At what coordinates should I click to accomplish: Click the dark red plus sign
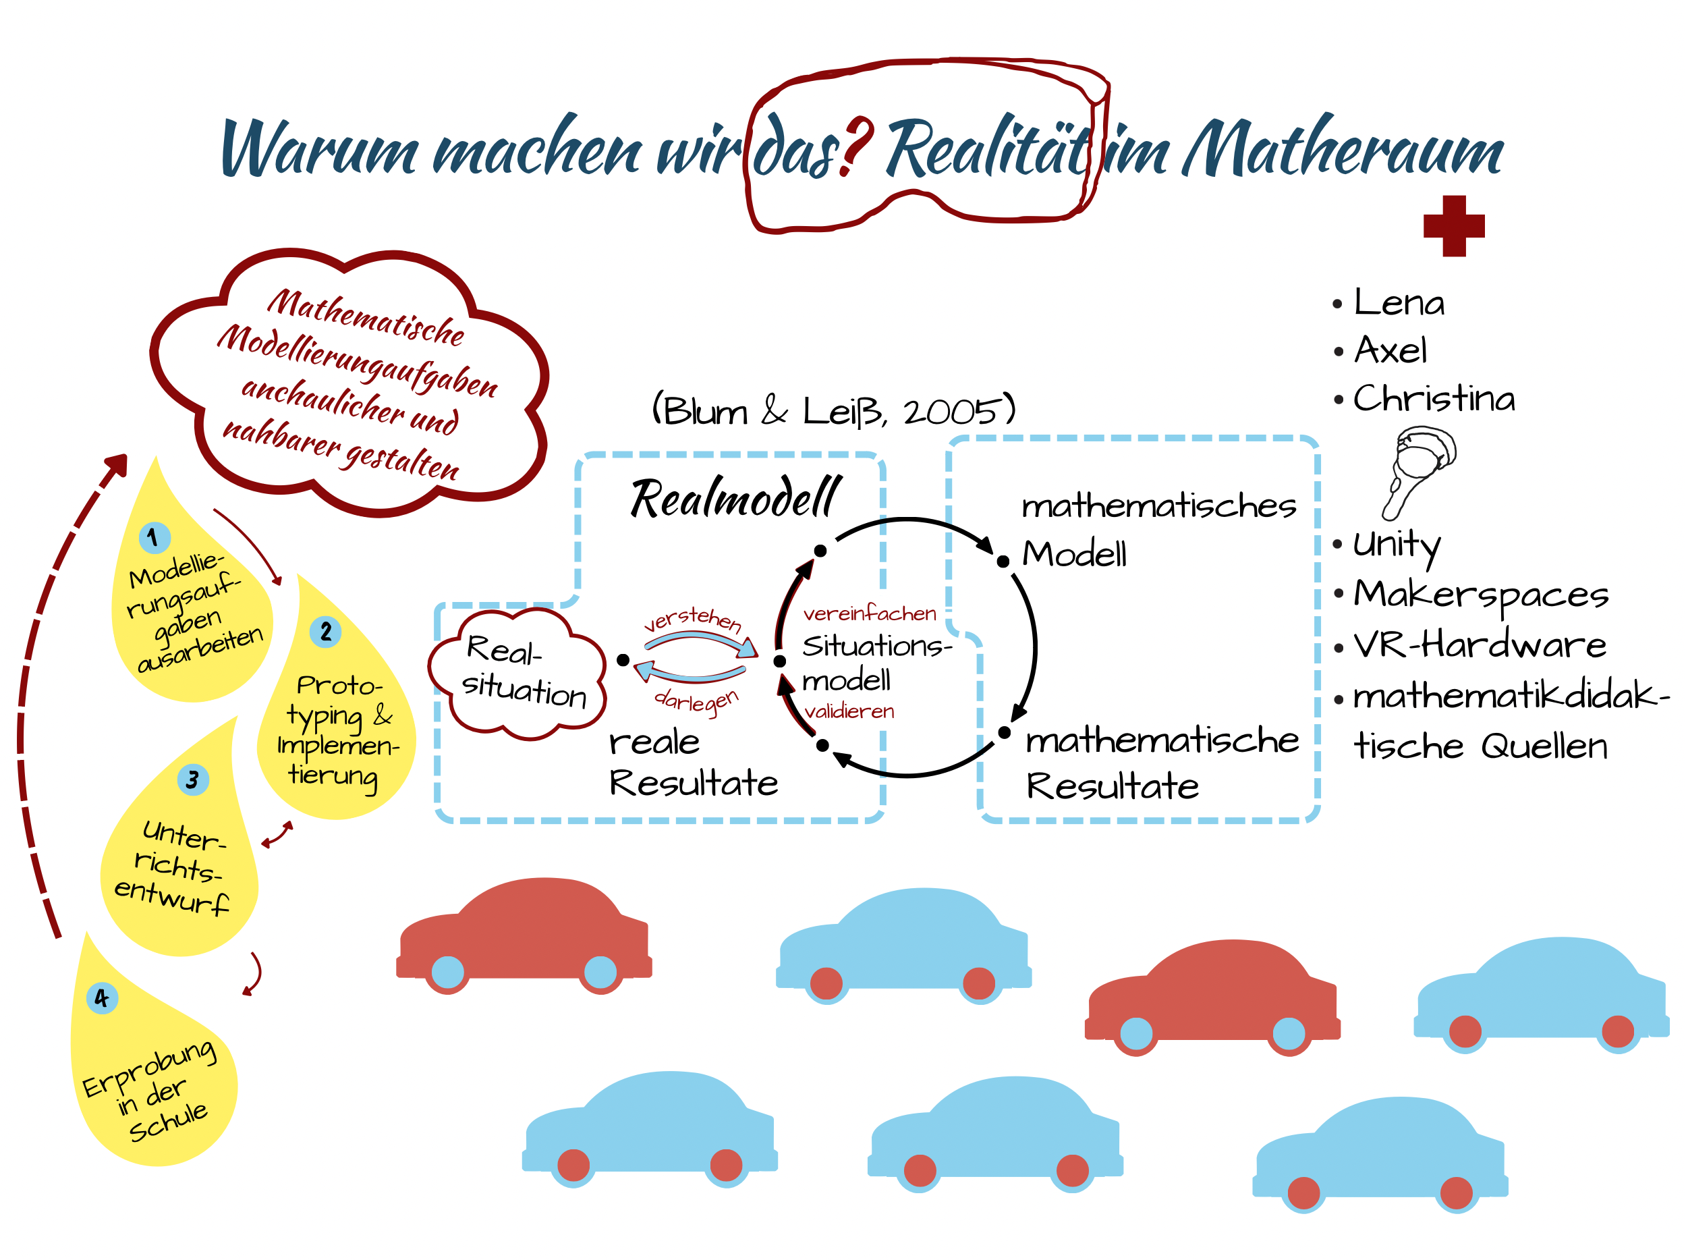(1453, 226)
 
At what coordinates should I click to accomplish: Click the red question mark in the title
(858, 146)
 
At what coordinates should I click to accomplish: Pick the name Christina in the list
(1433, 399)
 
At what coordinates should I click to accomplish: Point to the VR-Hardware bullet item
(1479, 645)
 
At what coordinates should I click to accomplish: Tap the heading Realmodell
(735, 499)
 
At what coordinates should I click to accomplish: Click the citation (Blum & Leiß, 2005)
(833, 411)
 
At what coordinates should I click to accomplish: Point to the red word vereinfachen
(869, 613)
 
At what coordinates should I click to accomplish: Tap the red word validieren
(849, 711)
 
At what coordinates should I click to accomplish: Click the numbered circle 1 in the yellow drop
(154, 537)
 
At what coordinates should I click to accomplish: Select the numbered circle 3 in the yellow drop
(193, 779)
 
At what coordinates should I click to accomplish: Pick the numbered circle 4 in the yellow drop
(102, 997)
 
